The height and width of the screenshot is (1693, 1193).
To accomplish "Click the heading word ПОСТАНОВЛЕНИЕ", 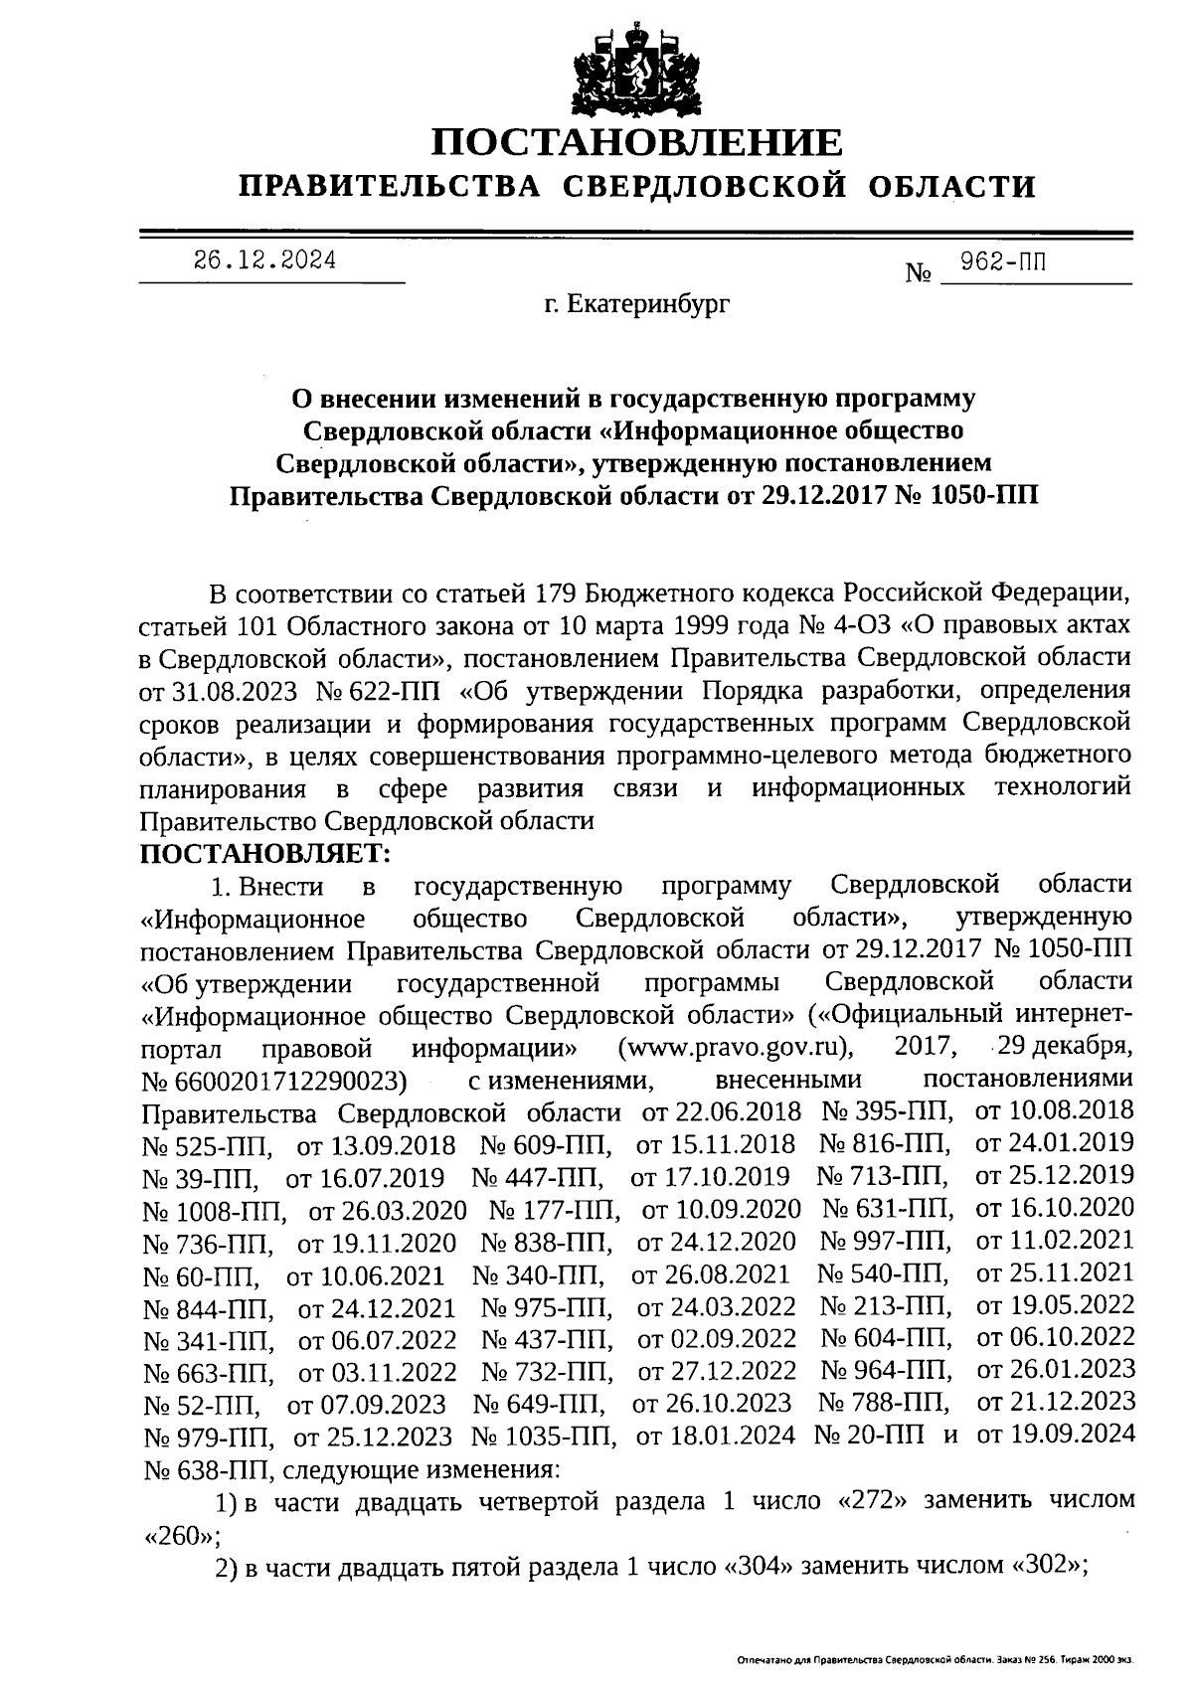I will [x=636, y=143].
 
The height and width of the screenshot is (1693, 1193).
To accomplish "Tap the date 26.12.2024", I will [x=264, y=261].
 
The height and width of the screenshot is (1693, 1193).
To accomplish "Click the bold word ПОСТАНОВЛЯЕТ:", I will [x=265, y=852].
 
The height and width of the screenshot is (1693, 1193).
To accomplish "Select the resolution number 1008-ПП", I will [x=215, y=1210].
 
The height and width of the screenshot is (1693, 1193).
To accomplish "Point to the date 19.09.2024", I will [x=1054, y=1436].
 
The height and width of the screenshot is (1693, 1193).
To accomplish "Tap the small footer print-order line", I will [x=935, y=1660].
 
